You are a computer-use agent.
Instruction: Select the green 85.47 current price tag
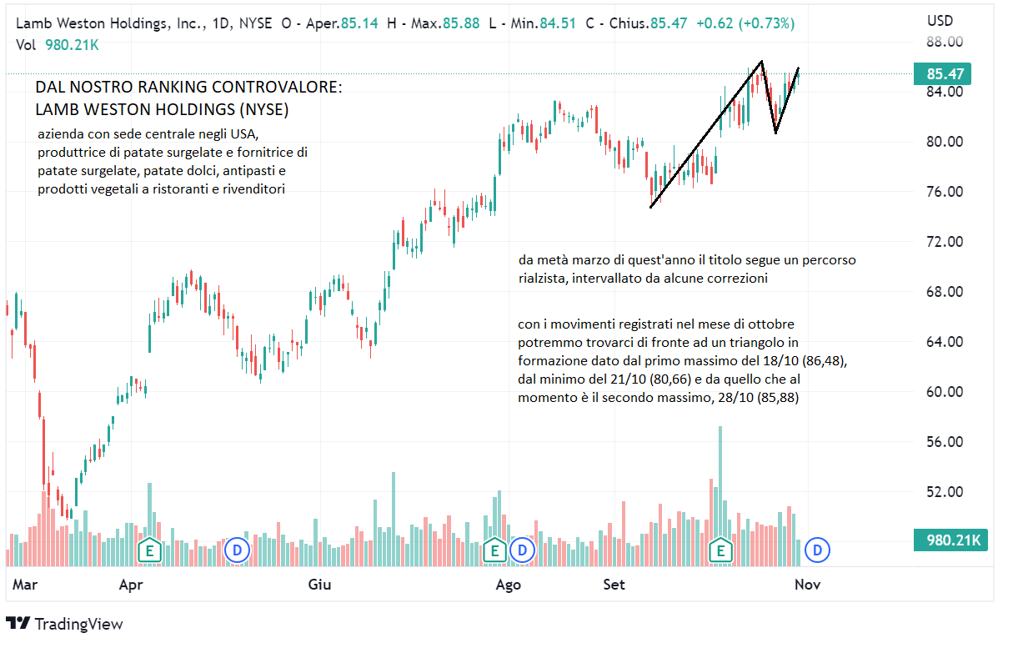pos(945,74)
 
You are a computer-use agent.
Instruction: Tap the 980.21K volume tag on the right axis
pos(950,540)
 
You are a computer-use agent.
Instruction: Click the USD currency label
pos(940,21)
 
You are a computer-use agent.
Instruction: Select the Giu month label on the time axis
pos(319,585)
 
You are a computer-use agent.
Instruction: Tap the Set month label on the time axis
pos(614,585)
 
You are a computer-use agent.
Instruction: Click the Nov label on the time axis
pos(807,585)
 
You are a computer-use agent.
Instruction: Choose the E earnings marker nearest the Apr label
pos(150,550)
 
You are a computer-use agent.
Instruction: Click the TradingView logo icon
pos(18,623)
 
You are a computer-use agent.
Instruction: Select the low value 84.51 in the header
pos(558,23)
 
